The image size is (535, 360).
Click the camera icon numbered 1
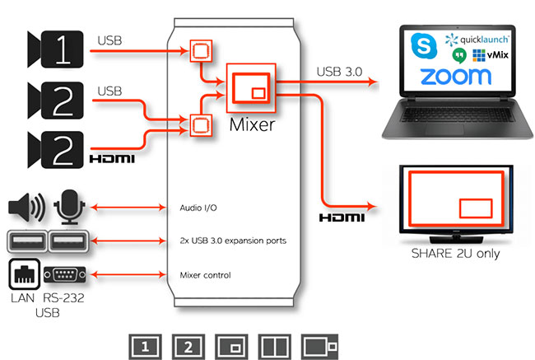57,51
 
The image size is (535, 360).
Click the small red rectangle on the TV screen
474,207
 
